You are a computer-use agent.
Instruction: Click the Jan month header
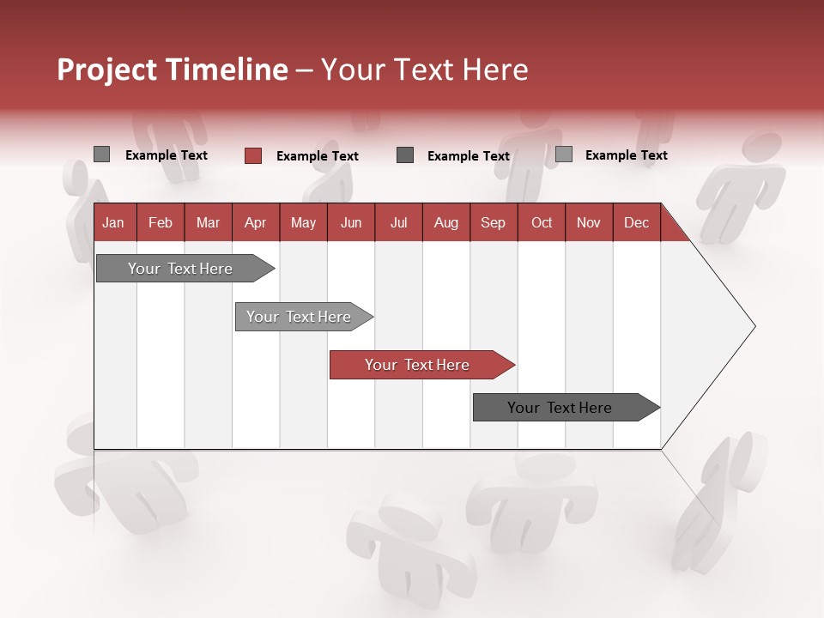pyautogui.click(x=114, y=222)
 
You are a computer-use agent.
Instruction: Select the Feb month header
pyautogui.click(x=161, y=222)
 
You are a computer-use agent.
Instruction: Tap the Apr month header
pyautogui.click(x=256, y=222)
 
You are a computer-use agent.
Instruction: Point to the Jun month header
pyautogui.click(x=351, y=222)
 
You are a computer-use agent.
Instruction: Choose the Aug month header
pyautogui.click(x=446, y=222)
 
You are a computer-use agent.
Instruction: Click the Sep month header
pyautogui.click(x=494, y=222)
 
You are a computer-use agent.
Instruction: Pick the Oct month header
pyautogui.click(x=542, y=222)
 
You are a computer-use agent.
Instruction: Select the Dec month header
pyautogui.click(x=637, y=222)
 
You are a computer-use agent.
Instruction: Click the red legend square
pyautogui.click(x=252, y=155)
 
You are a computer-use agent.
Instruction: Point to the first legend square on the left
pyautogui.click(x=101, y=154)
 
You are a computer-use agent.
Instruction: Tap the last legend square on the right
pyautogui.click(x=563, y=154)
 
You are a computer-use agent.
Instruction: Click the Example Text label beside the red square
pyautogui.click(x=317, y=156)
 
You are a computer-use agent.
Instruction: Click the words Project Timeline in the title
pyautogui.click(x=172, y=70)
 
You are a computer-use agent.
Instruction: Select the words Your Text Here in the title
pyautogui.click(x=424, y=70)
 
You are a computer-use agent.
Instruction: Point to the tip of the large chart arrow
pyautogui.click(x=754, y=326)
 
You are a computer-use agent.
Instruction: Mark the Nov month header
pyautogui.click(x=589, y=222)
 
